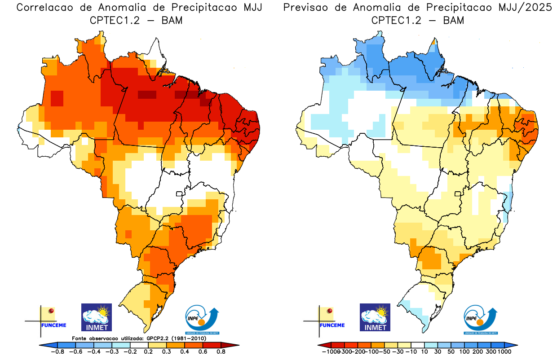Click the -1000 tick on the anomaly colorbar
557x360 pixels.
point(330,351)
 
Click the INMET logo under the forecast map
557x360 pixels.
point(375,317)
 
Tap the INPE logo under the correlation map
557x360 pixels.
point(202,319)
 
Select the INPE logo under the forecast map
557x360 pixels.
point(480,319)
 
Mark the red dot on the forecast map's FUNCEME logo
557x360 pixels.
point(330,311)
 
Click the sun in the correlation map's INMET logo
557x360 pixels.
point(104,311)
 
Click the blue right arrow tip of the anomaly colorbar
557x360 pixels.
point(514,345)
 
